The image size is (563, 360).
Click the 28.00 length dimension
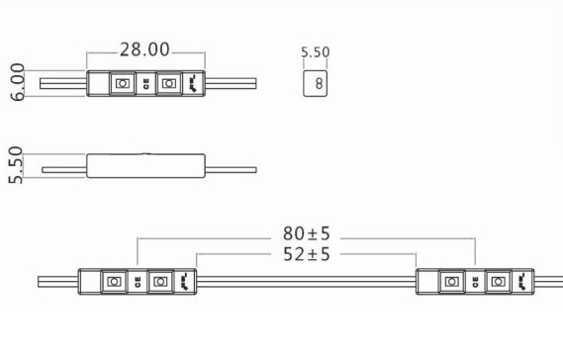click(x=144, y=49)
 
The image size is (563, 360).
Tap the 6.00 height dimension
click(x=17, y=82)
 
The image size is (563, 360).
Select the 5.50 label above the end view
click(x=316, y=52)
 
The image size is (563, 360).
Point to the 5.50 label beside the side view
click(x=16, y=165)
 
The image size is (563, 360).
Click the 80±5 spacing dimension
click(x=307, y=233)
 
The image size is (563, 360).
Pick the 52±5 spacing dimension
click(x=307, y=254)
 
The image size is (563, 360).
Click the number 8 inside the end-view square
click(x=319, y=84)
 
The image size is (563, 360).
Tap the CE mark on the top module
click(x=146, y=84)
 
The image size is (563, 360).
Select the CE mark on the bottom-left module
click(x=138, y=282)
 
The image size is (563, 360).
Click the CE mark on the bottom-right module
click(x=476, y=282)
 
